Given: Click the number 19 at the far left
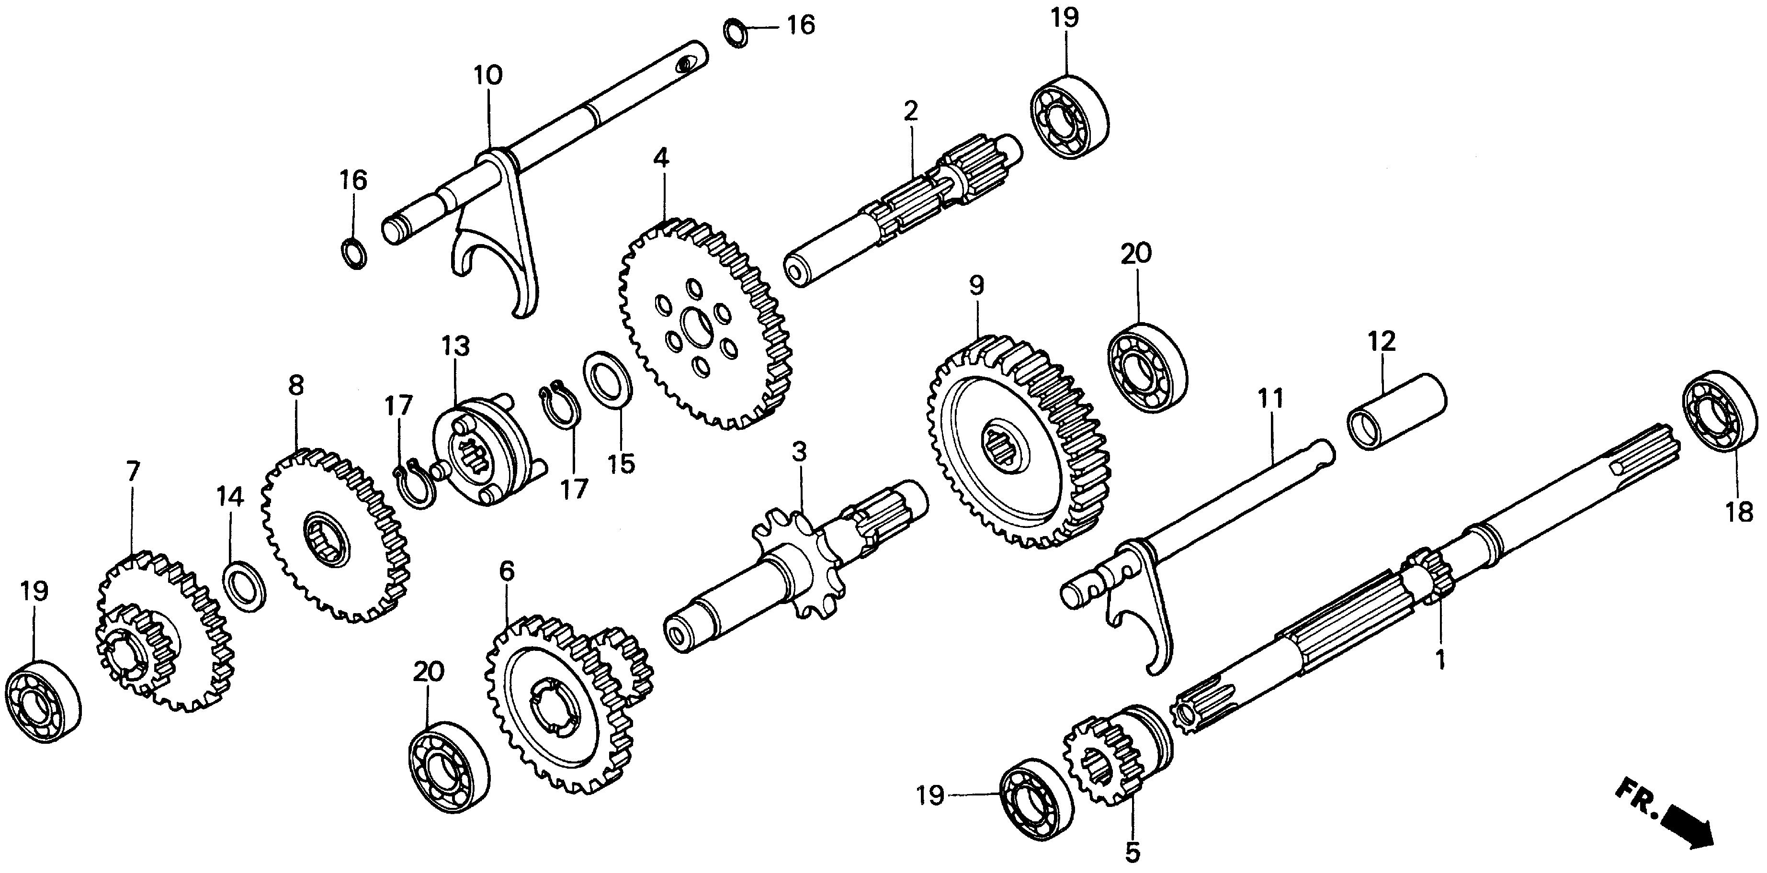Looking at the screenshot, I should [x=34, y=591].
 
